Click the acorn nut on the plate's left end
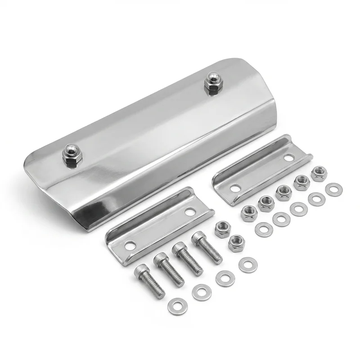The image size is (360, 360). click(x=72, y=155)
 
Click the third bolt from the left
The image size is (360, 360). click(x=188, y=258)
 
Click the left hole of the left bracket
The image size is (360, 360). click(x=130, y=245)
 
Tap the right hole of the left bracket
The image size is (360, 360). click(x=190, y=211)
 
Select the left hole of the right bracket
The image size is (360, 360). click(x=235, y=188)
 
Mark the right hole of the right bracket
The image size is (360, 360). click(x=289, y=157)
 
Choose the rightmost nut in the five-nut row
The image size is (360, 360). click(x=319, y=173)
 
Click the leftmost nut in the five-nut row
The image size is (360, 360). click(x=249, y=212)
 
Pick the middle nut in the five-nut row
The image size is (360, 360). click(x=284, y=192)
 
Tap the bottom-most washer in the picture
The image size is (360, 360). click(x=177, y=306)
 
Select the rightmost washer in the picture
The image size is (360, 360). click(x=333, y=189)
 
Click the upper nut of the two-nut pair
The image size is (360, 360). click(x=222, y=229)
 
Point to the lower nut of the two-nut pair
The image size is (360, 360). click(x=236, y=243)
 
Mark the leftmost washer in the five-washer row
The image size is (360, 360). click(x=264, y=229)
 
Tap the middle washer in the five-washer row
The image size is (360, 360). click(x=299, y=209)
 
